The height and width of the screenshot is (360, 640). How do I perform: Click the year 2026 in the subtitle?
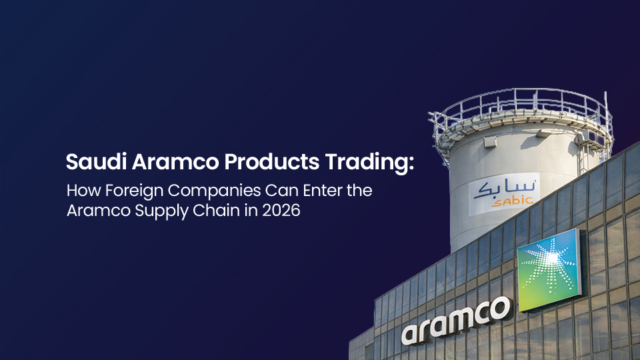[281, 210]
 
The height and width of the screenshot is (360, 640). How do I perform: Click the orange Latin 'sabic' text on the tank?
[513, 201]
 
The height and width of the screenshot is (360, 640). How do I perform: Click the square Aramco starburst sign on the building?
[549, 269]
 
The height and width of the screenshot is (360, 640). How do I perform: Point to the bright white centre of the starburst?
[552, 258]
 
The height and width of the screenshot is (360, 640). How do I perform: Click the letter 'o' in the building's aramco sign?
[499, 309]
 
